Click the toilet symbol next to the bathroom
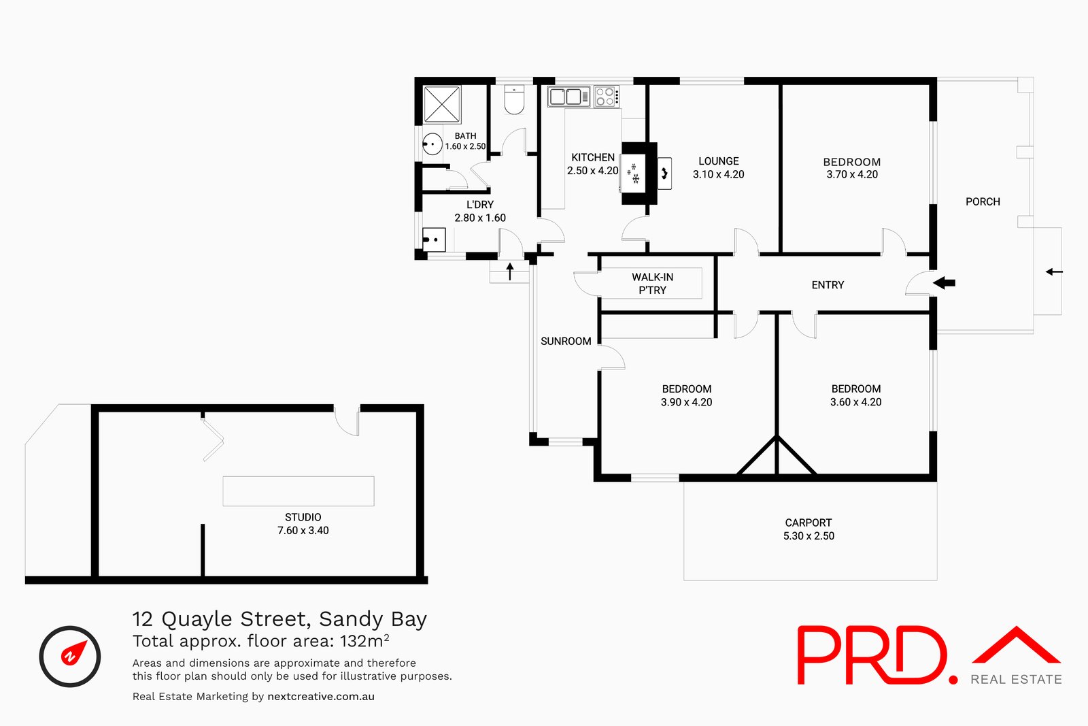(x=514, y=99)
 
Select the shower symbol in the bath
(x=442, y=105)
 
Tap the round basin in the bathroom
(x=432, y=144)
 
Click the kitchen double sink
(x=568, y=96)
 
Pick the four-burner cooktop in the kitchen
(x=606, y=96)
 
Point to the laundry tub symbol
(x=434, y=240)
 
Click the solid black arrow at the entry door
(x=945, y=282)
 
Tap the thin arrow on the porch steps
(x=1054, y=271)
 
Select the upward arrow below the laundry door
(x=510, y=271)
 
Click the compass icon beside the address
(x=70, y=656)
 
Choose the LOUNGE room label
(x=718, y=161)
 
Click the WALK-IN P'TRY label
(x=652, y=283)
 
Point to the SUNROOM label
(x=566, y=341)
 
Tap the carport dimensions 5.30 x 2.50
(x=809, y=535)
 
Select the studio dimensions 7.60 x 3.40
(x=303, y=530)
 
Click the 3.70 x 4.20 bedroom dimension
(x=852, y=174)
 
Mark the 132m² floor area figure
(x=364, y=640)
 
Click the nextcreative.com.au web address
(x=321, y=696)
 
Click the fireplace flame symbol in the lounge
(x=664, y=173)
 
